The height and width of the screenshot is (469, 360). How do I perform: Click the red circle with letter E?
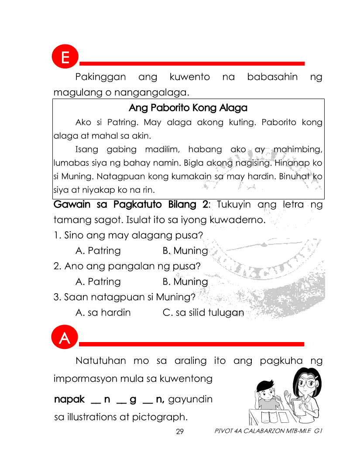tap(65, 57)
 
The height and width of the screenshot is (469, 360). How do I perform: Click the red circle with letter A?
tap(65, 338)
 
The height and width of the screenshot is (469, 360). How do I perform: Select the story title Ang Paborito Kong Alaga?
tap(188, 108)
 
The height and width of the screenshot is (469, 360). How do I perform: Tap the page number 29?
tap(179, 431)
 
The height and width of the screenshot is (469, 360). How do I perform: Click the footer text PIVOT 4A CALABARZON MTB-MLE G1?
tap(268, 431)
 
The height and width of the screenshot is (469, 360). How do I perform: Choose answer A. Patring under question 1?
tap(98, 251)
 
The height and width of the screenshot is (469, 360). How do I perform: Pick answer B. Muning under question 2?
tap(185, 282)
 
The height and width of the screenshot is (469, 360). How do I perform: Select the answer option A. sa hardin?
tap(103, 313)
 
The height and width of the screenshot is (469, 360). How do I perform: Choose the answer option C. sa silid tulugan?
tap(203, 313)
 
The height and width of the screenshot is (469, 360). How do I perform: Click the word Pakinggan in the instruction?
tap(101, 78)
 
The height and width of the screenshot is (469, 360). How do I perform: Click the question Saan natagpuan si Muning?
tap(124, 298)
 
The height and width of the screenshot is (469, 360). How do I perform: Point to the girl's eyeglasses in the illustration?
tap(304, 385)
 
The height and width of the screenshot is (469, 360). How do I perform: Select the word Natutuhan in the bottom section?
tap(101, 361)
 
